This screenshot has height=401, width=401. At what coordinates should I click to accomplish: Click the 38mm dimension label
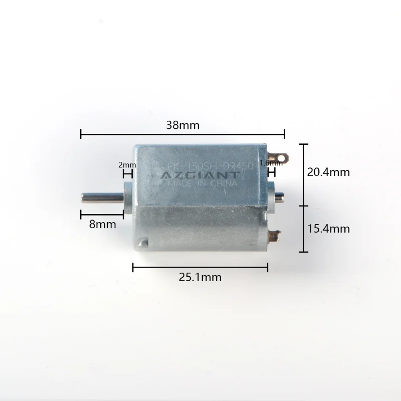(182, 126)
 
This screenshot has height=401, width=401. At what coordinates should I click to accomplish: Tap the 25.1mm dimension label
(200, 277)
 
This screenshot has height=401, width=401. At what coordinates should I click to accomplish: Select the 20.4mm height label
(328, 172)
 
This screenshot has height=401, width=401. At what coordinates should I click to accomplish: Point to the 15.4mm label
(328, 229)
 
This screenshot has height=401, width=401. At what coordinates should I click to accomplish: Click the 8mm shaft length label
(102, 225)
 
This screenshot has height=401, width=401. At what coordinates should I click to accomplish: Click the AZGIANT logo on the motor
(199, 175)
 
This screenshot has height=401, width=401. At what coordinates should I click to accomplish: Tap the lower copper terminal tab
(275, 233)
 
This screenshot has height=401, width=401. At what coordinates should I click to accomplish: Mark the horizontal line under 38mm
(182, 134)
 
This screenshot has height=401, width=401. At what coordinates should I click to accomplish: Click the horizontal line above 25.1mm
(200, 267)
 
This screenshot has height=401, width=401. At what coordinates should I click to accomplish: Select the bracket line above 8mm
(102, 214)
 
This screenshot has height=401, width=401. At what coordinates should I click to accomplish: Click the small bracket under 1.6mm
(272, 173)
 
